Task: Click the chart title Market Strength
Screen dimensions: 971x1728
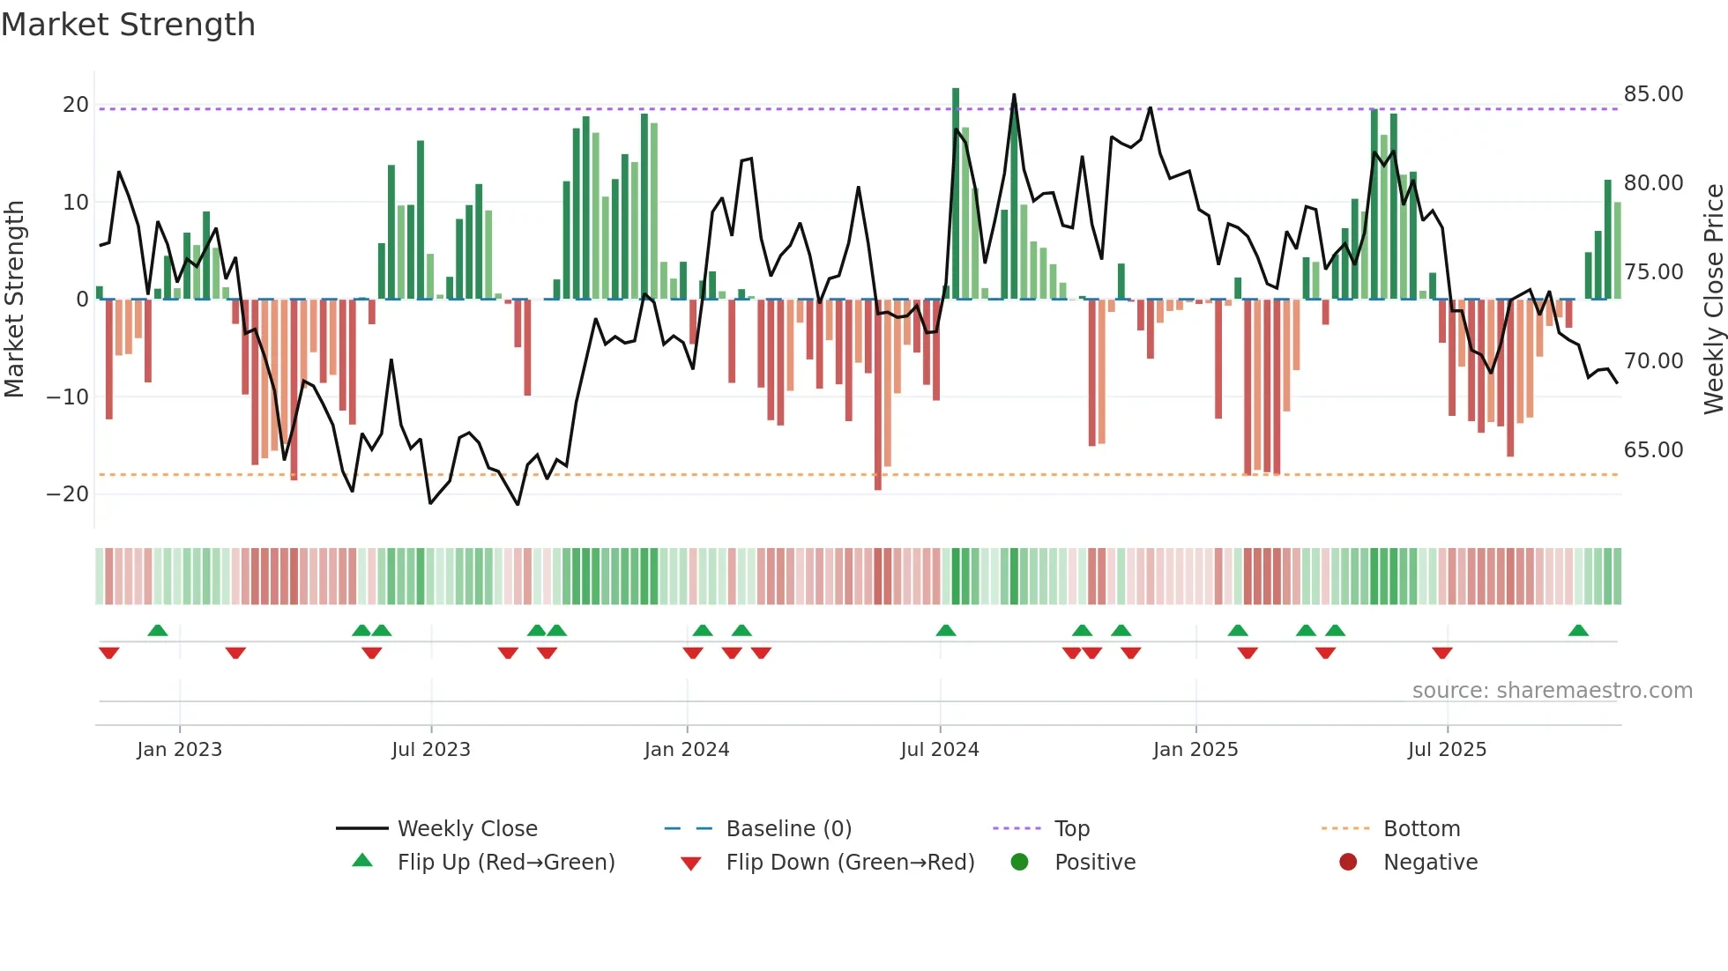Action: (128, 25)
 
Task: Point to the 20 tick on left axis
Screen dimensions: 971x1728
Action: (76, 105)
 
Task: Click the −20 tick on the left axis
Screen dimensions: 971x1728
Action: (69, 494)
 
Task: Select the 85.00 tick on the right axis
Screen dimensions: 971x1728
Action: (1653, 94)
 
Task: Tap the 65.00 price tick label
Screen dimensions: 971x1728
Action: (1653, 450)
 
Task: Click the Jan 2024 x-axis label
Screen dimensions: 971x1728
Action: (687, 750)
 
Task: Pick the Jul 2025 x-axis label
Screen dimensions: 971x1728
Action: (1447, 750)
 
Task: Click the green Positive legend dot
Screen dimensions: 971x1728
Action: (1019, 863)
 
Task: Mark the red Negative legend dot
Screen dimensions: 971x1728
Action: (1348, 863)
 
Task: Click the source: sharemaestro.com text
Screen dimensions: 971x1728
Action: (1552, 691)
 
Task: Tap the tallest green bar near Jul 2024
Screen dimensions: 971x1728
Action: (956, 194)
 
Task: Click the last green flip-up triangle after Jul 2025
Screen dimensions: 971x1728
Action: (1578, 631)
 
